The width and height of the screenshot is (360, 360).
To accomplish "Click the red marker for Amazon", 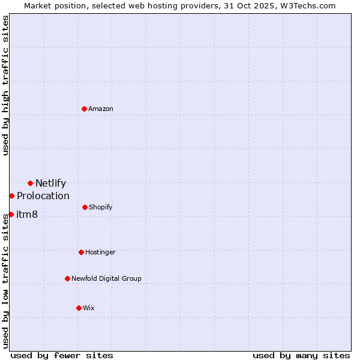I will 85,109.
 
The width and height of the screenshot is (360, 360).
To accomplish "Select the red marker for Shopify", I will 85,207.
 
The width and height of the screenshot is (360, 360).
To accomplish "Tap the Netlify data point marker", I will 30,183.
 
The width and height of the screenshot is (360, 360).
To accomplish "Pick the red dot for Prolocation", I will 11,196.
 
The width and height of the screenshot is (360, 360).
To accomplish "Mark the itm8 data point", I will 11,214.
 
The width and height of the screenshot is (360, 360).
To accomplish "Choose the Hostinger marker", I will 81,252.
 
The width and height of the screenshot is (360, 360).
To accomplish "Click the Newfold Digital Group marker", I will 67,278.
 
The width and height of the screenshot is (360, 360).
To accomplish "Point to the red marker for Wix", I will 79,308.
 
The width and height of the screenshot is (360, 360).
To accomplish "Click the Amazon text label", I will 101,109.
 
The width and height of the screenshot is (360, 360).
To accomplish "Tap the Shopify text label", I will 101,207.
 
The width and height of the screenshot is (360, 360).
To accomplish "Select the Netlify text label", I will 50,184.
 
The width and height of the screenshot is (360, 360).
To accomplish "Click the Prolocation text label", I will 43,196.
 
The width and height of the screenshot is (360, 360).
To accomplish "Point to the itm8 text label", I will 27,215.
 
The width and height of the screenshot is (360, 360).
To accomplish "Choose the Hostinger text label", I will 100,252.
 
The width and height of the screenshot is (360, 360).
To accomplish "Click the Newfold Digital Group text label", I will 107,278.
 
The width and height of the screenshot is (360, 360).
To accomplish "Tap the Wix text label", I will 89,308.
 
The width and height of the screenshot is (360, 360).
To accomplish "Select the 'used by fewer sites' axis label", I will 62,355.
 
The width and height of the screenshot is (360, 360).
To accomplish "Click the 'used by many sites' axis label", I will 301,355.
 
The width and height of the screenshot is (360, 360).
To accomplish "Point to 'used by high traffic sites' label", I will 5,85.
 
